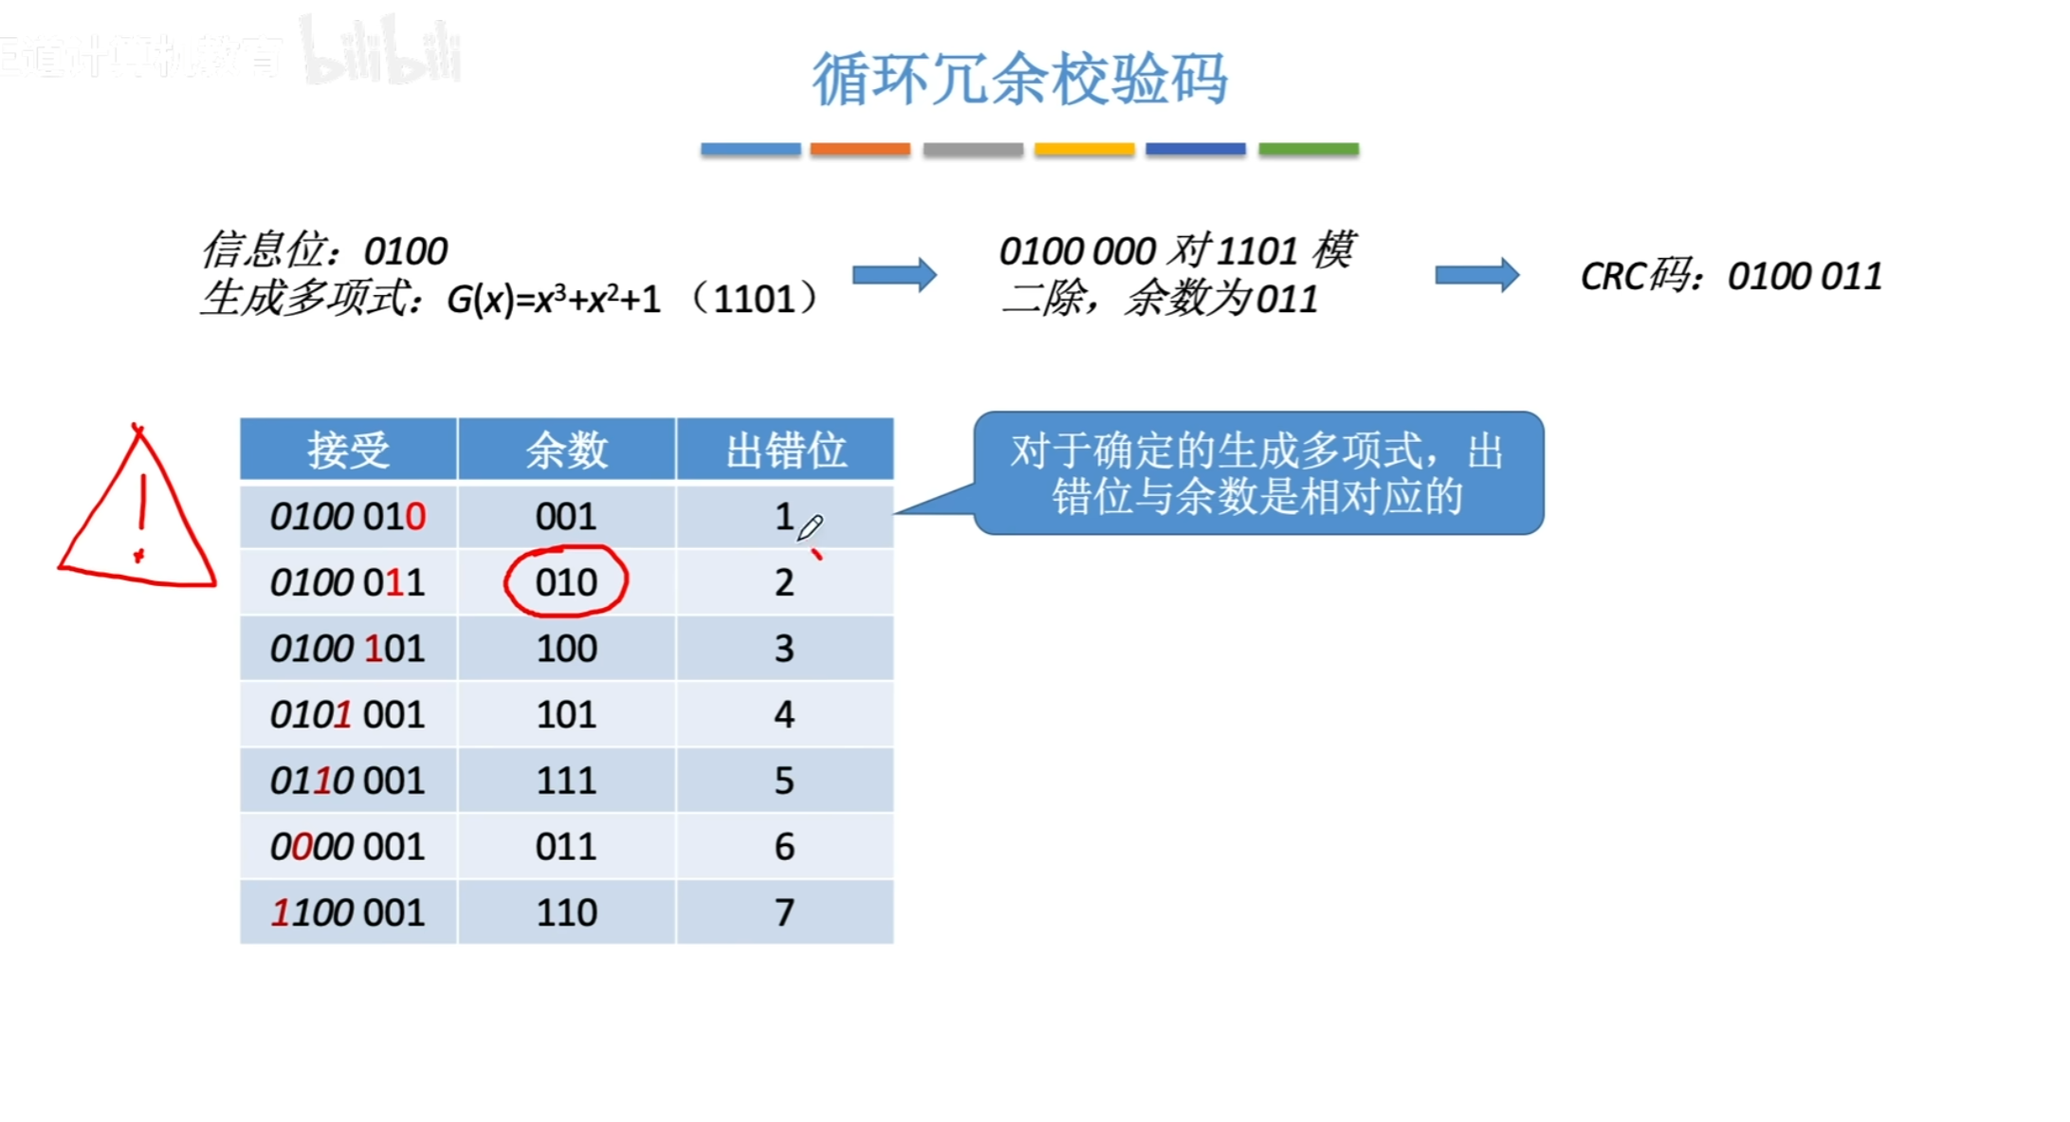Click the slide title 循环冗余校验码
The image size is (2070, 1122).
(x=1019, y=79)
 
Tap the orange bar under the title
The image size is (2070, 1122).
(x=859, y=149)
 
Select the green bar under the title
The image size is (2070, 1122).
(x=1308, y=149)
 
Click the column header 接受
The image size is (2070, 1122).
(x=348, y=450)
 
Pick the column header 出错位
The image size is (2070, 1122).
(x=785, y=450)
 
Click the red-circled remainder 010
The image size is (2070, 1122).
(x=566, y=581)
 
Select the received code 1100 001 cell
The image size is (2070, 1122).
(x=348, y=911)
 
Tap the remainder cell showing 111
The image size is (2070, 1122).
(x=566, y=780)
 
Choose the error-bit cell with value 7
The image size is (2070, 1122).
(x=784, y=911)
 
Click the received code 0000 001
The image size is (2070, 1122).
(x=348, y=846)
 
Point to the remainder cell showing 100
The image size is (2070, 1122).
(x=566, y=648)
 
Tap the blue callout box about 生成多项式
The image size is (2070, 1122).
(x=1257, y=473)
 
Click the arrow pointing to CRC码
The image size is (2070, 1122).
(x=1476, y=276)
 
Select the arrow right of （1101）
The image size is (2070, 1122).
(x=894, y=276)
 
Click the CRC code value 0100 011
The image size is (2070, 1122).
(x=1804, y=277)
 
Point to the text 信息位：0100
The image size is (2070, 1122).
(x=324, y=251)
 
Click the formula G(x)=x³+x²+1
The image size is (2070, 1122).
(x=554, y=300)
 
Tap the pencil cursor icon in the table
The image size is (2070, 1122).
(x=810, y=527)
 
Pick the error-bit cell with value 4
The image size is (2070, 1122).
(x=784, y=713)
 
